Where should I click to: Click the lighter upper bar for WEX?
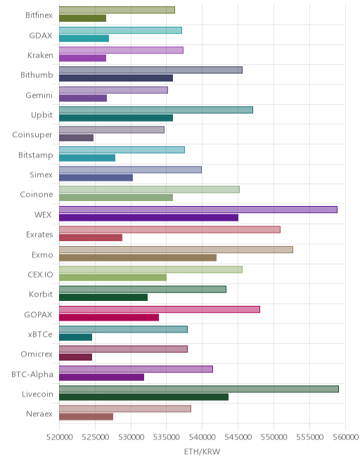pos(198,210)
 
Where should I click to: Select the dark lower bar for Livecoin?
pos(143,397)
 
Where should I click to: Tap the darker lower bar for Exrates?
pos(91,238)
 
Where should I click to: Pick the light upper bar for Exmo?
pos(176,250)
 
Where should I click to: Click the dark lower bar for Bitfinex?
pos(82,18)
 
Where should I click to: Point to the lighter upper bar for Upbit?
pos(156,110)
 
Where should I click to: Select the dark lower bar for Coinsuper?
pos(77,138)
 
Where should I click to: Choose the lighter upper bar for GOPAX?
pos(160,309)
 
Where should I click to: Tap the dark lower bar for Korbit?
pos(103,297)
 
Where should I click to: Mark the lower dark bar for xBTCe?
pos(75,337)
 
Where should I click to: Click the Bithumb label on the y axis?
pos(37,75)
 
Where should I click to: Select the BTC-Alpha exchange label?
pos(32,374)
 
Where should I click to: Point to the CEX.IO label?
pos(40,275)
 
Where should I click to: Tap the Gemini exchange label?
pos(39,96)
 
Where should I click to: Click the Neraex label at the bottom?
pos(39,413)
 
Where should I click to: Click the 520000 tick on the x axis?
pos(60,437)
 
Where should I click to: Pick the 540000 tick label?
pos(202,437)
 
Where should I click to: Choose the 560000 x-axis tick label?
pos(345,437)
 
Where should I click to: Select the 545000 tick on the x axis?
pos(238,437)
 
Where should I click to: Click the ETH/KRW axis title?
pos(202,452)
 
